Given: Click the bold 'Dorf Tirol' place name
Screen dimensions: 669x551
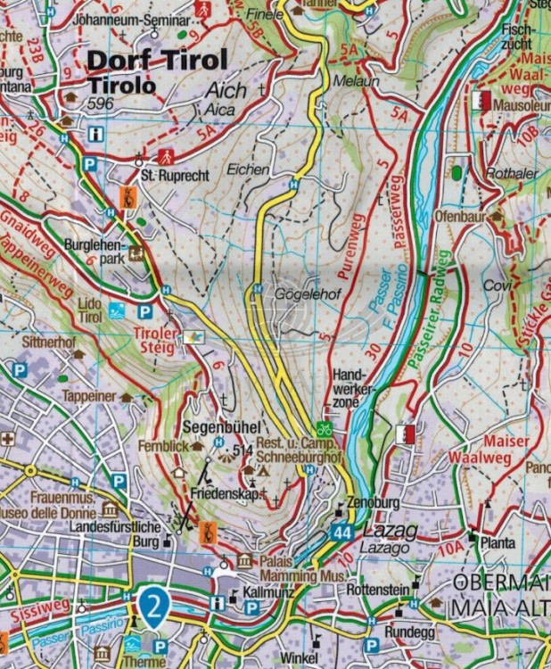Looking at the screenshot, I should [158, 61].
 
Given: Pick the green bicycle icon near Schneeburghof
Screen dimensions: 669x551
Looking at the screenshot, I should [326, 429].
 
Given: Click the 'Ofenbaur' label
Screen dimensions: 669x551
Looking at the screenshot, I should [461, 216].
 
